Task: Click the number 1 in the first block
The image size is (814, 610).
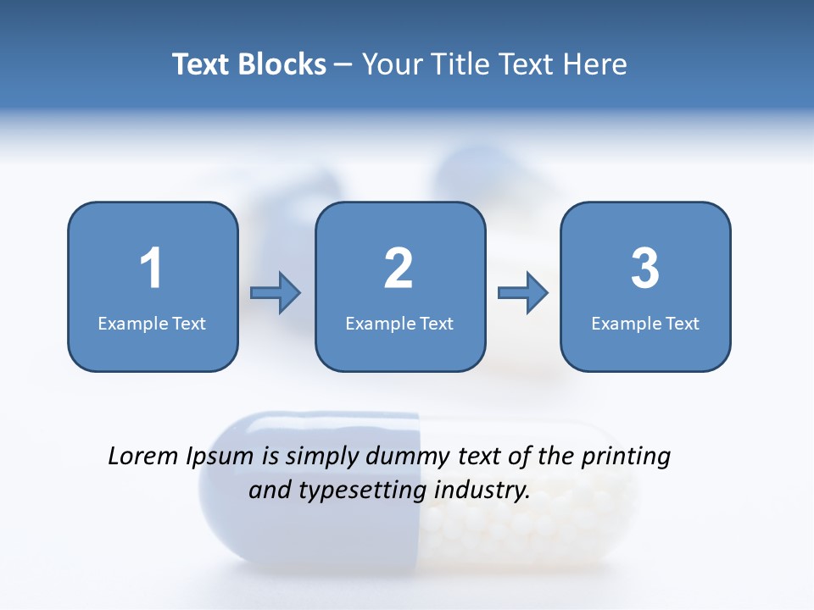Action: point(151,269)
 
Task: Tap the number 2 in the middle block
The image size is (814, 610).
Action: point(399,269)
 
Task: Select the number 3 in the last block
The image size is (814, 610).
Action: point(644,269)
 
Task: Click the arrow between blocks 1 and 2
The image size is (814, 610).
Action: point(276,293)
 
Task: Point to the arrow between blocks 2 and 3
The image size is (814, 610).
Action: point(523,293)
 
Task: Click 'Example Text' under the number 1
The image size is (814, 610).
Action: point(152,323)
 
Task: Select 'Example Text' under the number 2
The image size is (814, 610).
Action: point(399,323)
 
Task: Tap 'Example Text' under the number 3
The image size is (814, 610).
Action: point(645,323)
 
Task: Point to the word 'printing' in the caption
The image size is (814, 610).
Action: point(626,457)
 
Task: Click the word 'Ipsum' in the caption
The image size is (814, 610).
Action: point(220,457)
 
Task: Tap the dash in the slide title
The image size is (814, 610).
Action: point(344,64)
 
